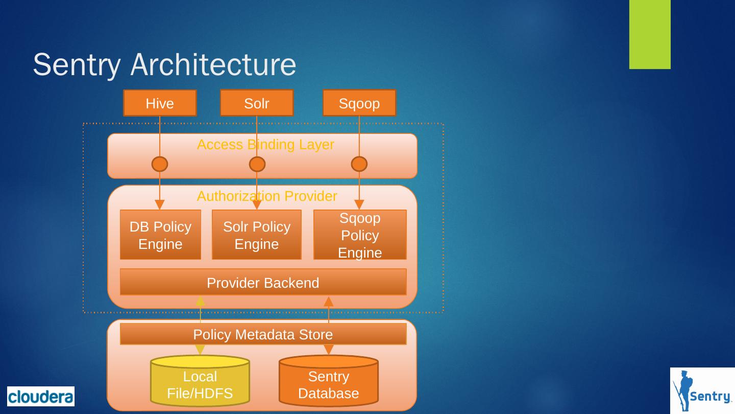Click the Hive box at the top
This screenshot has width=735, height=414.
pyautogui.click(x=160, y=103)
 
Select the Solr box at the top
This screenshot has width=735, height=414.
pyautogui.click(x=257, y=103)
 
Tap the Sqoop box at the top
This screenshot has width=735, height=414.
pyautogui.click(x=359, y=103)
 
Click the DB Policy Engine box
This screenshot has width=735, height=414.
pyautogui.click(x=160, y=235)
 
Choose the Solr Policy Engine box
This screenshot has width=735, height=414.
pyautogui.click(x=257, y=235)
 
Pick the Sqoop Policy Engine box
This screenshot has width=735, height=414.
pyautogui.click(x=360, y=235)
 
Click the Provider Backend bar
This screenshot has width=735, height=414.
pyautogui.click(x=263, y=282)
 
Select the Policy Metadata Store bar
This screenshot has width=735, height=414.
pyautogui.click(x=263, y=334)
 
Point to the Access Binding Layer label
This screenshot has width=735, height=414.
pyautogui.click(x=265, y=145)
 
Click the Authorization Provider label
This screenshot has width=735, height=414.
pyautogui.click(x=266, y=196)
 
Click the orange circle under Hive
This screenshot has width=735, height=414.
pyautogui.click(x=160, y=164)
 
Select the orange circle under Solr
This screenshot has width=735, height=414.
pyautogui.click(x=257, y=164)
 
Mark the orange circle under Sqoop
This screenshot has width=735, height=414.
pyautogui.click(x=359, y=164)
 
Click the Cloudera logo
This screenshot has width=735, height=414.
pyautogui.click(x=41, y=396)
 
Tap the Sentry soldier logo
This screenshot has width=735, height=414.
pyautogui.click(x=702, y=390)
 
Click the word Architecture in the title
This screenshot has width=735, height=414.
pyautogui.click(x=213, y=65)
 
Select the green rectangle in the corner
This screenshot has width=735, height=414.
pyautogui.click(x=650, y=34)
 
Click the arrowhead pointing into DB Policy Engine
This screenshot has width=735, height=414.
pyautogui.click(x=160, y=204)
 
